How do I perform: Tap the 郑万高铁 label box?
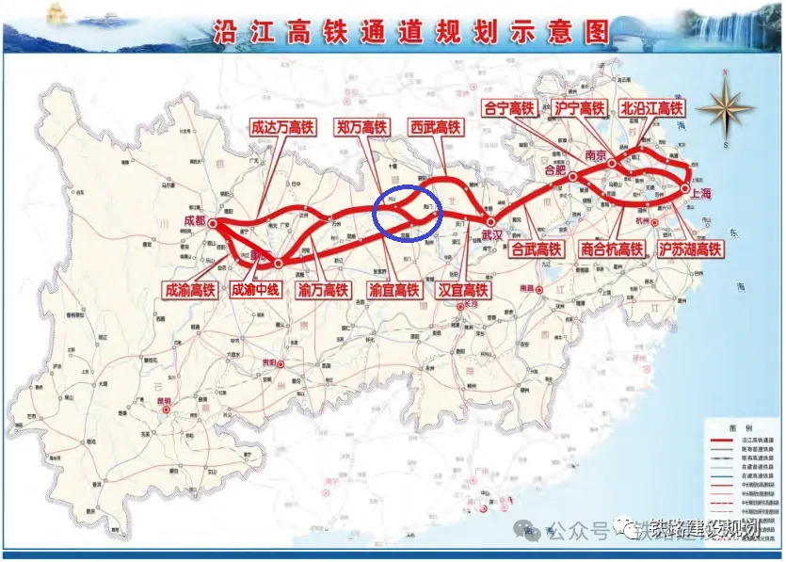point(361,127)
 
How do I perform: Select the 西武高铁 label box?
point(436,127)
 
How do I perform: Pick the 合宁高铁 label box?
point(508,109)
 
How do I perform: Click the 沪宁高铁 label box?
point(579,109)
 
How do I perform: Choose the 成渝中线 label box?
point(256,290)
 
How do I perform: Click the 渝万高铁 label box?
point(322,290)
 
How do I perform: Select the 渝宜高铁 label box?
point(393,290)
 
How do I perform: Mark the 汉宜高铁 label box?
point(462,290)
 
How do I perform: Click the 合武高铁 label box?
point(536,250)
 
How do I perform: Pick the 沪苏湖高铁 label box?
point(690,250)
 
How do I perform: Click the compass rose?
point(725,106)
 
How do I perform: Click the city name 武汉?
point(494,233)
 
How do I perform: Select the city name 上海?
point(701,193)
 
